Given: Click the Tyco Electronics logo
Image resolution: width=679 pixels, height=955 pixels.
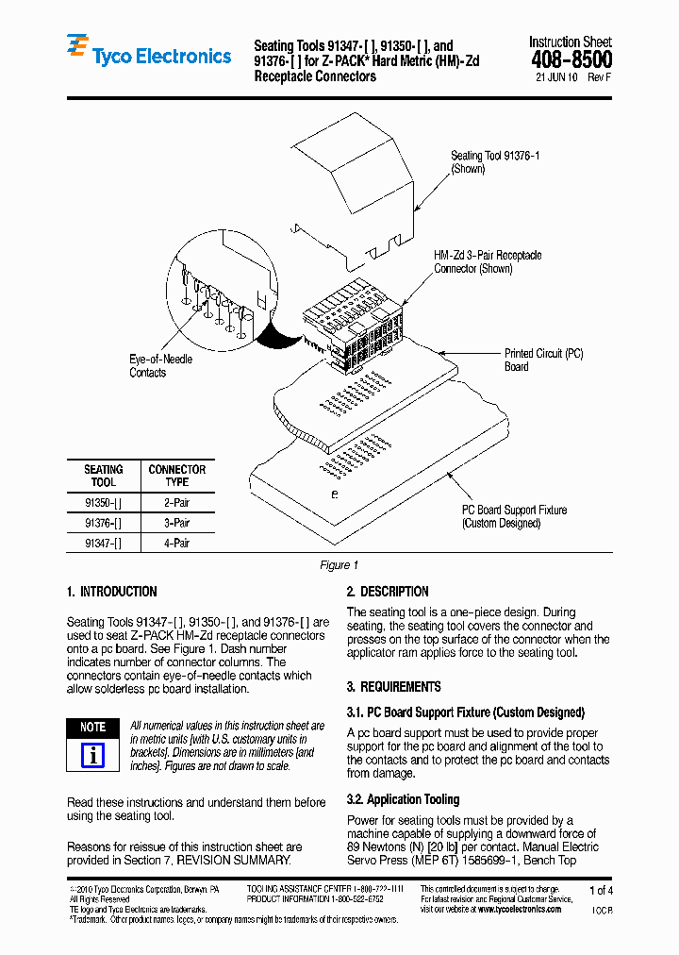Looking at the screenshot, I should tap(148, 55).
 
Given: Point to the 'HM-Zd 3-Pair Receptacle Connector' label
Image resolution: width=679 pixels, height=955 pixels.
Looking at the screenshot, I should tap(487, 262).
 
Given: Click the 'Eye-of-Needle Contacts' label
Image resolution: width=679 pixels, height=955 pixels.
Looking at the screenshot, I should tap(160, 366).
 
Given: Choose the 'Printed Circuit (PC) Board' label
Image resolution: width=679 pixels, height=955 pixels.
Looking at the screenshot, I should tap(543, 360).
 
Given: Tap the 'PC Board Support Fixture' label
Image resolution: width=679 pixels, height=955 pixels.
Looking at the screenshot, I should tap(514, 516).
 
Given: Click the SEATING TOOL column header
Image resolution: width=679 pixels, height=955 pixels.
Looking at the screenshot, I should tap(103, 476).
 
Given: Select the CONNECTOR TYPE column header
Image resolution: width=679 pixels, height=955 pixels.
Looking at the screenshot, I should tap(176, 476).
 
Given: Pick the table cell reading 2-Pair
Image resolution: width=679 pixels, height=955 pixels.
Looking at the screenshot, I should tap(176, 503).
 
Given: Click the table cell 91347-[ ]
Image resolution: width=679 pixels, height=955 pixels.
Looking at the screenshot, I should tap(103, 543).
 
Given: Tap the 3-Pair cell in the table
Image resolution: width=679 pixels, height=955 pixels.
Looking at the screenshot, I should tap(176, 523).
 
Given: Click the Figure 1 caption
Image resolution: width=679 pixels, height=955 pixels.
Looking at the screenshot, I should tap(339, 565).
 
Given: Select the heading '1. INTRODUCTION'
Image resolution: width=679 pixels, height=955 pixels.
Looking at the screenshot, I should tap(112, 592).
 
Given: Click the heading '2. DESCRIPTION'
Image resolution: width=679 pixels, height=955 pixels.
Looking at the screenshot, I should tap(387, 592).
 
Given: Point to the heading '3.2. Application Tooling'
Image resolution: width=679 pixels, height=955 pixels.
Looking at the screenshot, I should tap(403, 799).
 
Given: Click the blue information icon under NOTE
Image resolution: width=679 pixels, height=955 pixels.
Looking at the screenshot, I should tap(92, 755).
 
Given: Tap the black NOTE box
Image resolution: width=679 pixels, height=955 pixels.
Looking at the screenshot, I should tap(92, 728).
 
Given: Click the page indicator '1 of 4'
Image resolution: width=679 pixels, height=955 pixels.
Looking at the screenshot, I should tap(601, 890).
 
